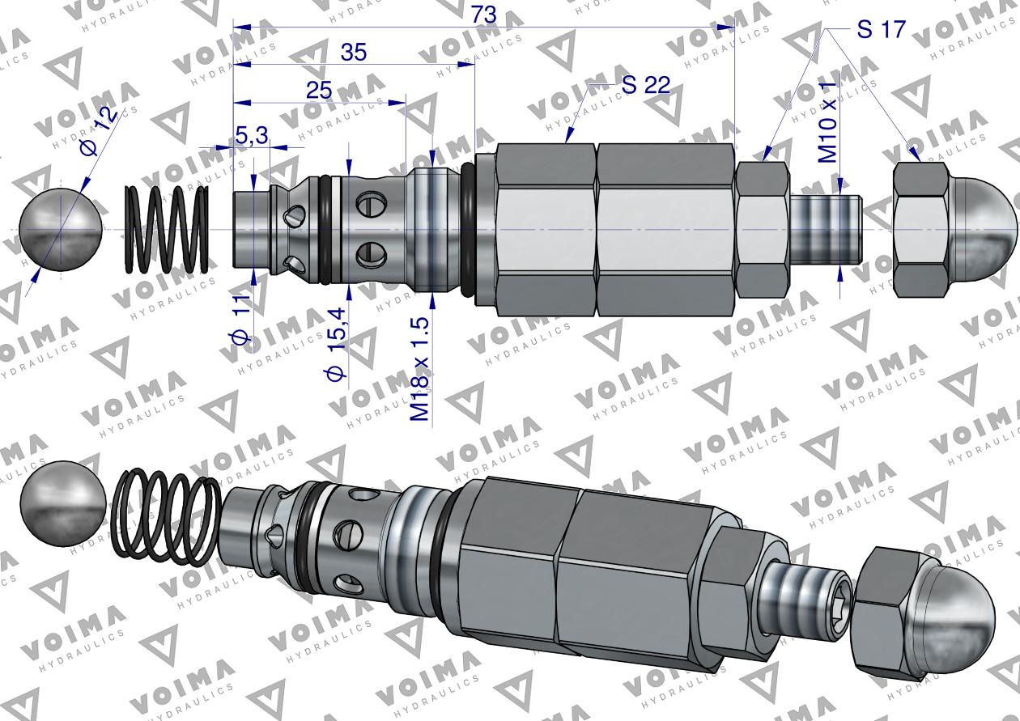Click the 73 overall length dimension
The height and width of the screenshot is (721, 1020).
(x=483, y=15)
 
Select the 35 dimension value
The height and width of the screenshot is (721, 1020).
(x=353, y=53)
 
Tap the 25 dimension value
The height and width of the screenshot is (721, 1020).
(x=319, y=91)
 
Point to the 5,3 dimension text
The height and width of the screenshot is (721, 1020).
(x=253, y=135)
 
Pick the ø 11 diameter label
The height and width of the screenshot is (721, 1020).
(x=241, y=323)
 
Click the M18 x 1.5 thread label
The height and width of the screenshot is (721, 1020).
(x=420, y=369)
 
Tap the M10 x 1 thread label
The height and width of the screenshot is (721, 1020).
(x=827, y=123)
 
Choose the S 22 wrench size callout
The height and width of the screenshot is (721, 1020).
(x=646, y=85)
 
